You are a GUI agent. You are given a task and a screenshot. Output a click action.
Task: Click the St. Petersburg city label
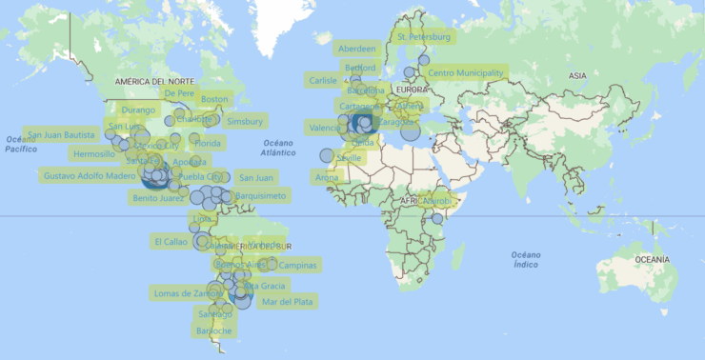pyautogui.click(x=423, y=37)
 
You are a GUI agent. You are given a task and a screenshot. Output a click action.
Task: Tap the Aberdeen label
pyautogui.click(x=357, y=49)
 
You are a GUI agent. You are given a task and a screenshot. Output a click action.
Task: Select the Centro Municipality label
pyautogui.click(x=466, y=73)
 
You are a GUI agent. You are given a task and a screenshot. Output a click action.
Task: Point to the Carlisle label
pyautogui.click(x=324, y=81)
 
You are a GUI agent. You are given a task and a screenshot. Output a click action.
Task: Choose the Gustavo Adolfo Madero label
pyautogui.click(x=91, y=175)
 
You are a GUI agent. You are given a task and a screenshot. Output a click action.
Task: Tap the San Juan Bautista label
pyautogui.click(x=61, y=134)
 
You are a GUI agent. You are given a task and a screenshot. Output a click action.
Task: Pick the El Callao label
pyautogui.click(x=170, y=242)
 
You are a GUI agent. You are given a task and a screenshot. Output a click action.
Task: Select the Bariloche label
pyautogui.click(x=213, y=330)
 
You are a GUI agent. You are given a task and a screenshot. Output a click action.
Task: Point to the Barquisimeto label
pyautogui.click(x=260, y=196)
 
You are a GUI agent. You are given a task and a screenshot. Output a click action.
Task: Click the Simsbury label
pyautogui.click(x=245, y=121)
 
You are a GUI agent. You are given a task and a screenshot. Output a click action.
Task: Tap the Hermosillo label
pyautogui.click(x=93, y=154)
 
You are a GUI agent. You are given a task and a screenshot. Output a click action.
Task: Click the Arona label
pyautogui.click(x=326, y=178)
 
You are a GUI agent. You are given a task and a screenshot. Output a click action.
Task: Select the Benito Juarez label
pyautogui.click(x=158, y=198)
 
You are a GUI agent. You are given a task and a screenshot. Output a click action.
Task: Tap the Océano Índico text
pyautogui.click(x=525, y=259)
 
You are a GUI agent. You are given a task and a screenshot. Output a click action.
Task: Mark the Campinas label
pyautogui.click(x=298, y=265)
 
